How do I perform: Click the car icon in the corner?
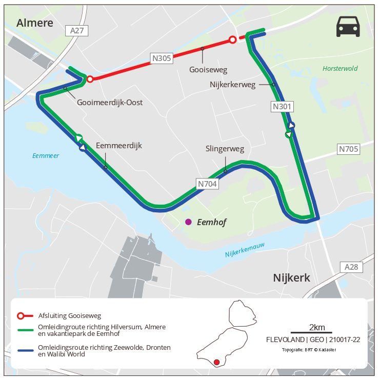pos(348,27)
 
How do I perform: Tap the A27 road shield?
pos(77,31)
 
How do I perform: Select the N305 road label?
pos(161,58)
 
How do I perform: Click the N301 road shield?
pos(282,107)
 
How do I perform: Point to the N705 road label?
pos(348,149)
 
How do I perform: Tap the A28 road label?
pos(351,267)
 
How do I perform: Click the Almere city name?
pos(35,23)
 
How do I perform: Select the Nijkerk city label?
pos(292,278)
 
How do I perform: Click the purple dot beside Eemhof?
pos(188,222)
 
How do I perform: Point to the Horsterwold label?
pos(340,68)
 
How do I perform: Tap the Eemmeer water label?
pos(45,155)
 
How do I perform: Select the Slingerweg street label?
pos(225,149)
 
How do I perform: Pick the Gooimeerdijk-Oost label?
pos(110,103)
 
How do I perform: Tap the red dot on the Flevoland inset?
pos(216,362)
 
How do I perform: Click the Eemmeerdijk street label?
pos(119,146)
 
